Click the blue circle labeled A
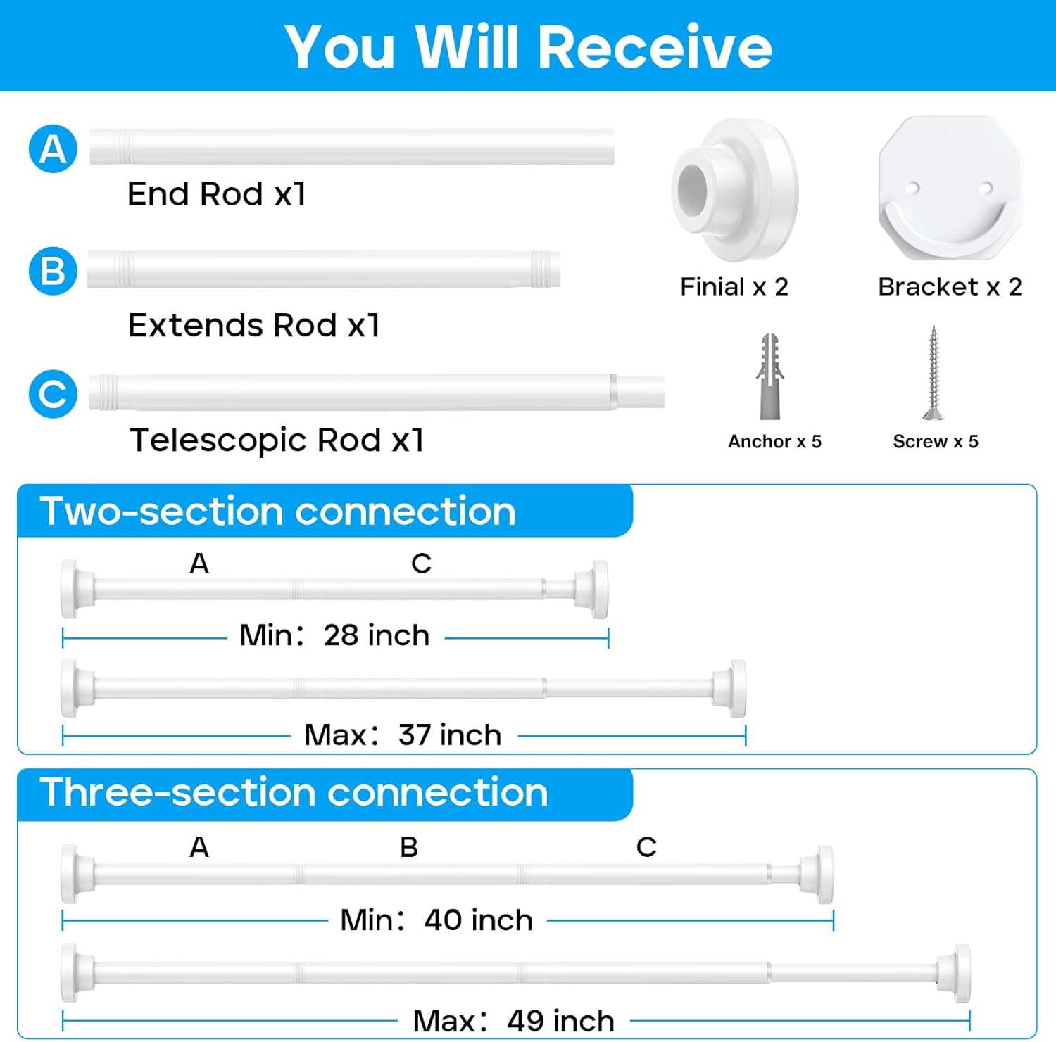click(x=53, y=148)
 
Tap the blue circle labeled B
click(x=53, y=271)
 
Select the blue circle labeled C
click(x=53, y=393)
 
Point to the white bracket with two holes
click(x=950, y=189)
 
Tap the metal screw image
click(x=934, y=373)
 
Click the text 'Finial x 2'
click(x=734, y=287)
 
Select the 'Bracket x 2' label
click(x=950, y=287)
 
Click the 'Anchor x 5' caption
click(x=774, y=442)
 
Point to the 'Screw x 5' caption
click(x=936, y=442)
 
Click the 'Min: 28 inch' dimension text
click(x=334, y=635)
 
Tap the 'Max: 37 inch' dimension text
click(x=403, y=735)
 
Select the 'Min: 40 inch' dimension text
click(x=436, y=920)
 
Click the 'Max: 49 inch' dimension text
click(x=514, y=1021)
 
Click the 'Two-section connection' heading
click(x=278, y=511)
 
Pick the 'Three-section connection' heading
click(x=294, y=792)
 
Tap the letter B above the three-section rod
click(x=409, y=848)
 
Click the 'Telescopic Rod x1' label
click(x=277, y=440)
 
